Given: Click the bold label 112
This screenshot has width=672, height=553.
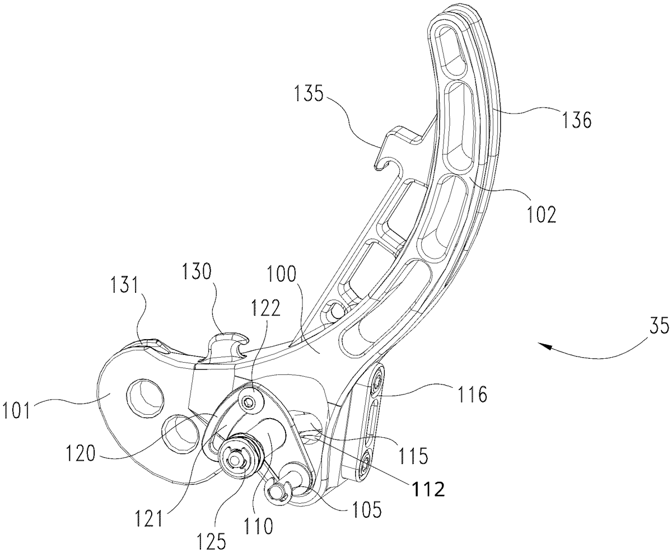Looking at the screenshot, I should point(429,489).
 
